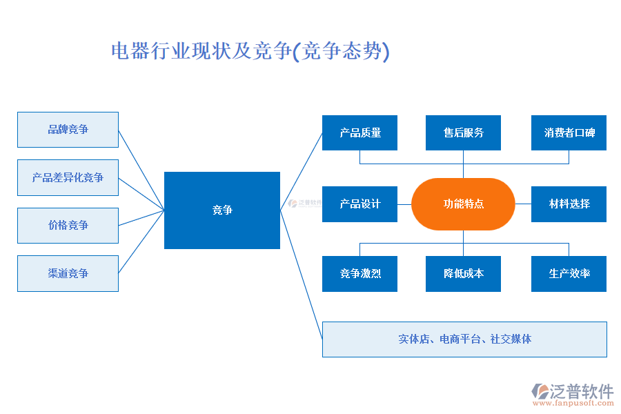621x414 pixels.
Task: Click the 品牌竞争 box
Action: pyautogui.click(x=68, y=130)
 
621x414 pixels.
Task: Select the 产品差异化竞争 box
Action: pyautogui.click(x=68, y=177)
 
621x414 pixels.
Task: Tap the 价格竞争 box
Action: pyautogui.click(x=68, y=226)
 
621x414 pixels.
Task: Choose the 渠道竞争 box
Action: pyautogui.click(x=68, y=273)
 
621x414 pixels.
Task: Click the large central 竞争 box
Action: pyautogui.click(x=222, y=210)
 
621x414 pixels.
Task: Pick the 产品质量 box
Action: pyautogui.click(x=359, y=132)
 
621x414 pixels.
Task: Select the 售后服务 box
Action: pyautogui.click(x=463, y=132)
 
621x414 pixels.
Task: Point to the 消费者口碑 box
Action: pyautogui.click(x=569, y=132)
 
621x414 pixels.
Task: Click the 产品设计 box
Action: pyautogui.click(x=359, y=204)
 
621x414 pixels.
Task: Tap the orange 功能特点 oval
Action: pyautogui.click(x=463, y=204)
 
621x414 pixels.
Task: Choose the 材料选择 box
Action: pyautogui.click(x=569, y=204)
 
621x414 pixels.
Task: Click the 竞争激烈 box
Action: pyautogui.click(x=359, y=274)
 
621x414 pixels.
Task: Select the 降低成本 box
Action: pyautogui.click(x=463, y=274)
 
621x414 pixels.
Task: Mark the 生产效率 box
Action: pyautogui.click(x=569, y=274)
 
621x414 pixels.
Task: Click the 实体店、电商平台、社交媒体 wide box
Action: pyautogui.click(x=464, y=339)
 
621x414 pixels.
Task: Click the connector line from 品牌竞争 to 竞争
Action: pyautogui.click(x=141, y=170)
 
